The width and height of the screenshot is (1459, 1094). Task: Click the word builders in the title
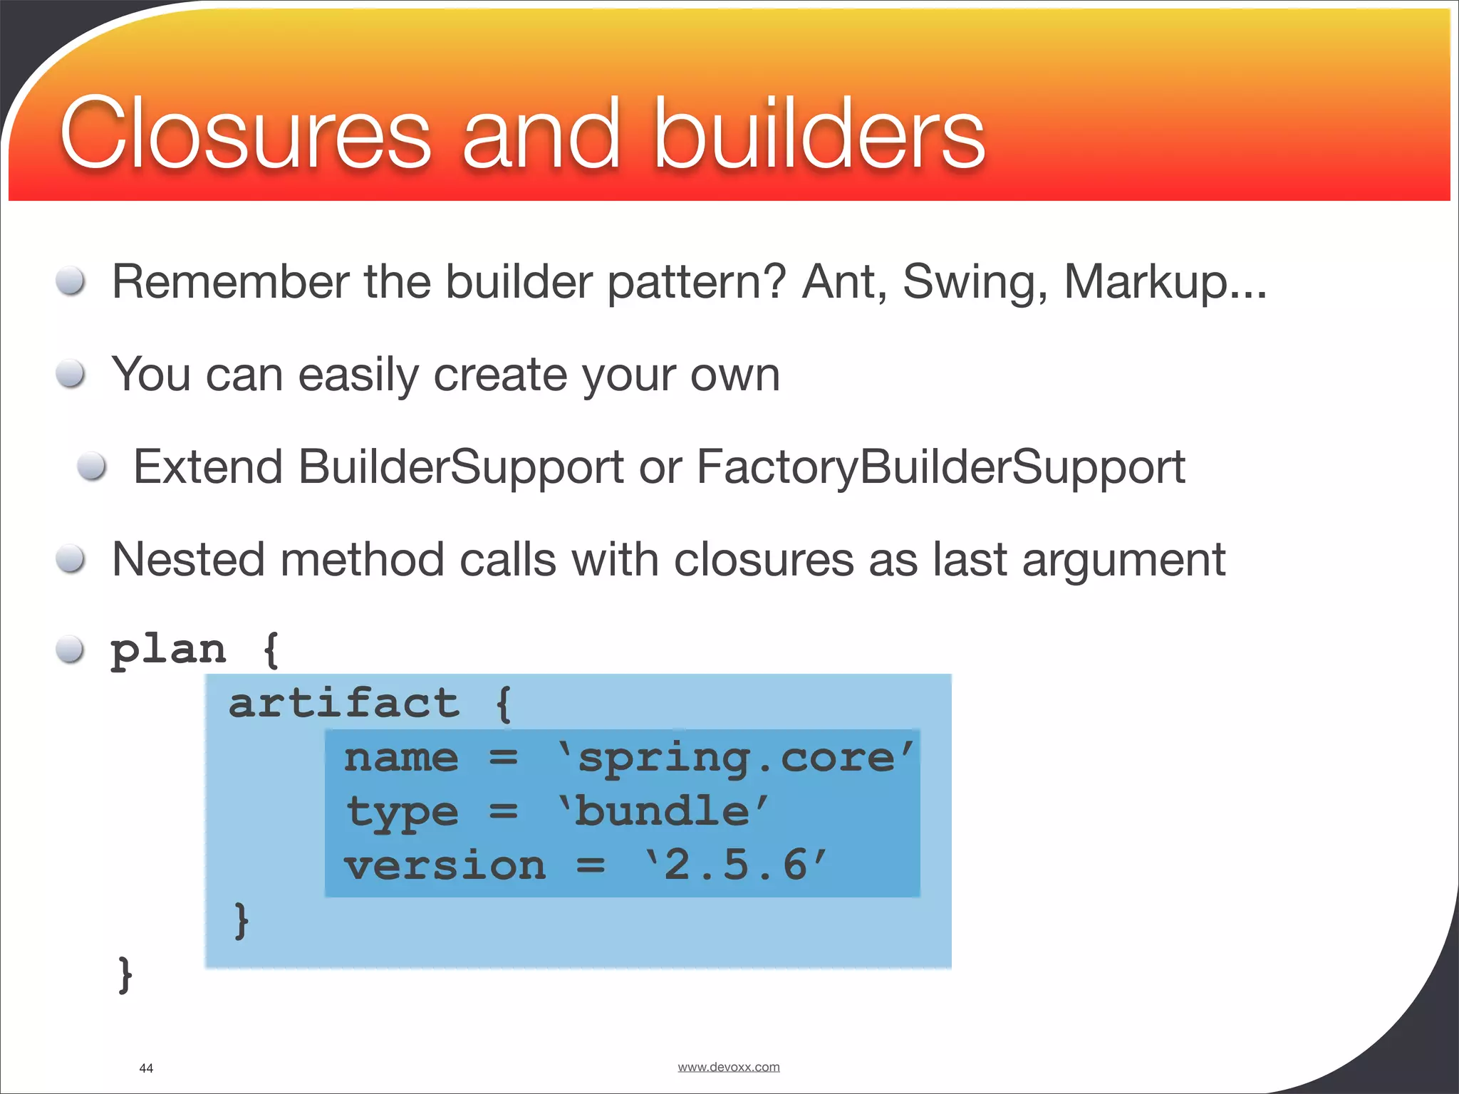(819, 134)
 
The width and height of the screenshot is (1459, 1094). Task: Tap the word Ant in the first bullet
(844, 281)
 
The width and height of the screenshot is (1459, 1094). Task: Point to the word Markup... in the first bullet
(1165, 283)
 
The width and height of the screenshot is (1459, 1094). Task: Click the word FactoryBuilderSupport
(940, 468)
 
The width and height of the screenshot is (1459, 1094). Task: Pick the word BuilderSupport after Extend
(460, 468)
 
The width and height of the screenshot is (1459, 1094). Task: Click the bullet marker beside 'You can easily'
(71, 373)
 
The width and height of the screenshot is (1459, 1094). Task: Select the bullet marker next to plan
(71, 649)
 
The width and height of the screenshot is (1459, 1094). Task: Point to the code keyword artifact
(344, 704)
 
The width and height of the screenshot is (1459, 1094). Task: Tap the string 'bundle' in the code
(663, 812)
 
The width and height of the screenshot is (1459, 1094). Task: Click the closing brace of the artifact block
(242, 920)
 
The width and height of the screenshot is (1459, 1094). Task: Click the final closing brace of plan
(125, 974)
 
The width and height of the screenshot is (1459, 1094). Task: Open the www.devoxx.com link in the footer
(728, 1067)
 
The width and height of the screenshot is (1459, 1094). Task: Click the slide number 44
(146, 1068)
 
